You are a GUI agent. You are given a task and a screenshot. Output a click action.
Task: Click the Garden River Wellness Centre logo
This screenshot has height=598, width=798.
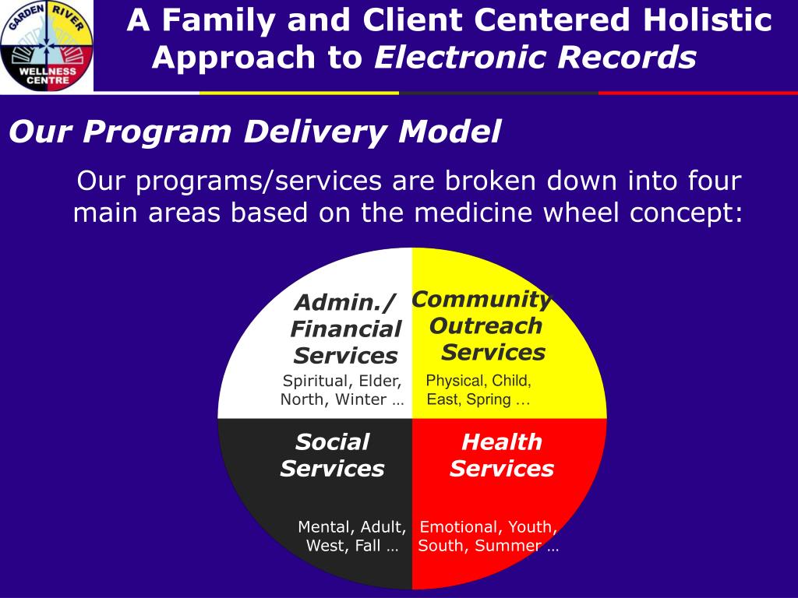point(47,46)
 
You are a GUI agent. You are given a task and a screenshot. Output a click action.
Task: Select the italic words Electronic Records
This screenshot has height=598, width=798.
point(535,58)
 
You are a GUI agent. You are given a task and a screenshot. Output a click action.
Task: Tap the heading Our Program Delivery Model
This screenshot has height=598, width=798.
point(255,132)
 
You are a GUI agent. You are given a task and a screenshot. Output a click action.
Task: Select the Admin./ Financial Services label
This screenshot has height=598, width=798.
point(345,329)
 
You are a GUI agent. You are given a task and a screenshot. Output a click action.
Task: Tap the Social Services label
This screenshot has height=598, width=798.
point(332,456)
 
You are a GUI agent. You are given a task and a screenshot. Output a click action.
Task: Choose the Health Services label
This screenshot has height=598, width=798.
point(501,456)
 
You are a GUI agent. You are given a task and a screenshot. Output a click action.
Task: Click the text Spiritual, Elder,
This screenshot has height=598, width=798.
point(342,381)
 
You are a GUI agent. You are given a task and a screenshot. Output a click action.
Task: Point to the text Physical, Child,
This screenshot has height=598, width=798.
point(478,381)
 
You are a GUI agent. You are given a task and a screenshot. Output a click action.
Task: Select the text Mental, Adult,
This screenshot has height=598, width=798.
point(351,527)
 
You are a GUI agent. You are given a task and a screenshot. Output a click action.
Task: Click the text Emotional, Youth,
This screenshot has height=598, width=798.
point(488,527)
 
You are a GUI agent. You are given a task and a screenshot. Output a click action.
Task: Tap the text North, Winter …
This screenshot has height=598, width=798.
point(342,400)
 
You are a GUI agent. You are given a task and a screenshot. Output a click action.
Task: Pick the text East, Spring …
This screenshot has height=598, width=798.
point(478,400)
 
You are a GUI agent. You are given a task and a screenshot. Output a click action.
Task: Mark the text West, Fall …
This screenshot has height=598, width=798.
point(352,546)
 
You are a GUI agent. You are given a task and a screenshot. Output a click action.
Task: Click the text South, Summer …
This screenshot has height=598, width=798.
point(488,546)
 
